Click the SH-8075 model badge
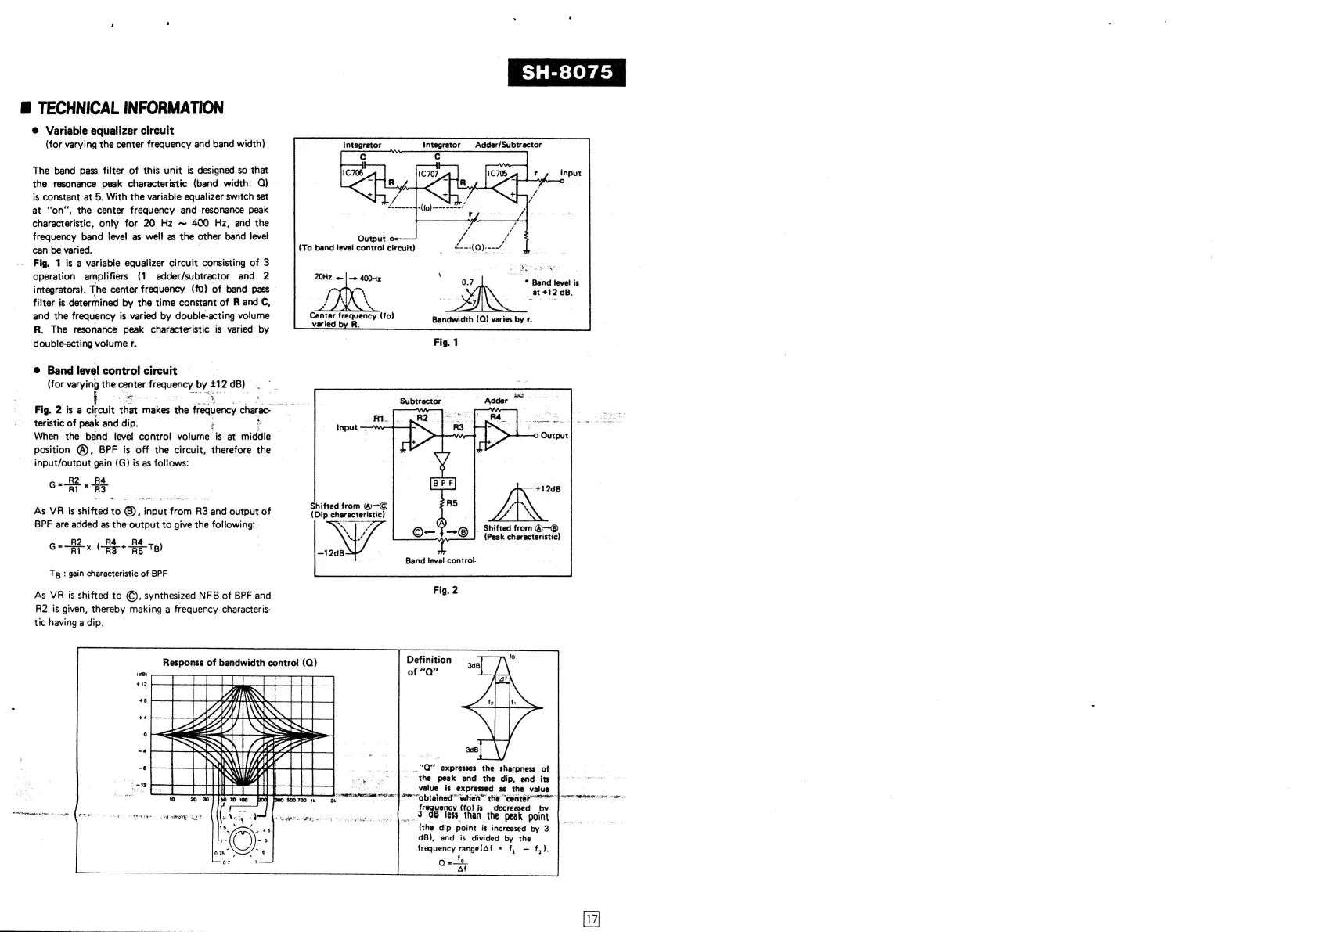pyautogui.click(x=567, y=73)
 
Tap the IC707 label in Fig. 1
pyautogui.click(x=428, y=174)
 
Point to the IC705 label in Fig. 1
pyautogui.click(x=497, y=174)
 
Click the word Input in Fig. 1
pyautogui.click(x=571, y=173)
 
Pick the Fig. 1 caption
pyautogui.click(x=445, y=343)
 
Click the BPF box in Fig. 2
pyautogui.click(x=443, y=484)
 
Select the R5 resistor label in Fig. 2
pyautogui.click(x=452, y=503)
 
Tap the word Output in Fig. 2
pyautogui.click(x=554, y=436)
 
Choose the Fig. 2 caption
pyautogui.click(x=445, y=590)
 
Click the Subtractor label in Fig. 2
pyautogui.click(x=420, y=401)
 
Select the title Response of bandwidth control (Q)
pyautogui.click(x=239, y=662)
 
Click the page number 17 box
pyautogui.click(x=592, y=919)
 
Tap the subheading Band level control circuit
pyautogui.click(x=112, y=371)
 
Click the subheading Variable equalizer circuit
pyautogui.click(x=110, y=131)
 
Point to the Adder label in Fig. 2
pyautogui.click(x=496, y=401)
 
